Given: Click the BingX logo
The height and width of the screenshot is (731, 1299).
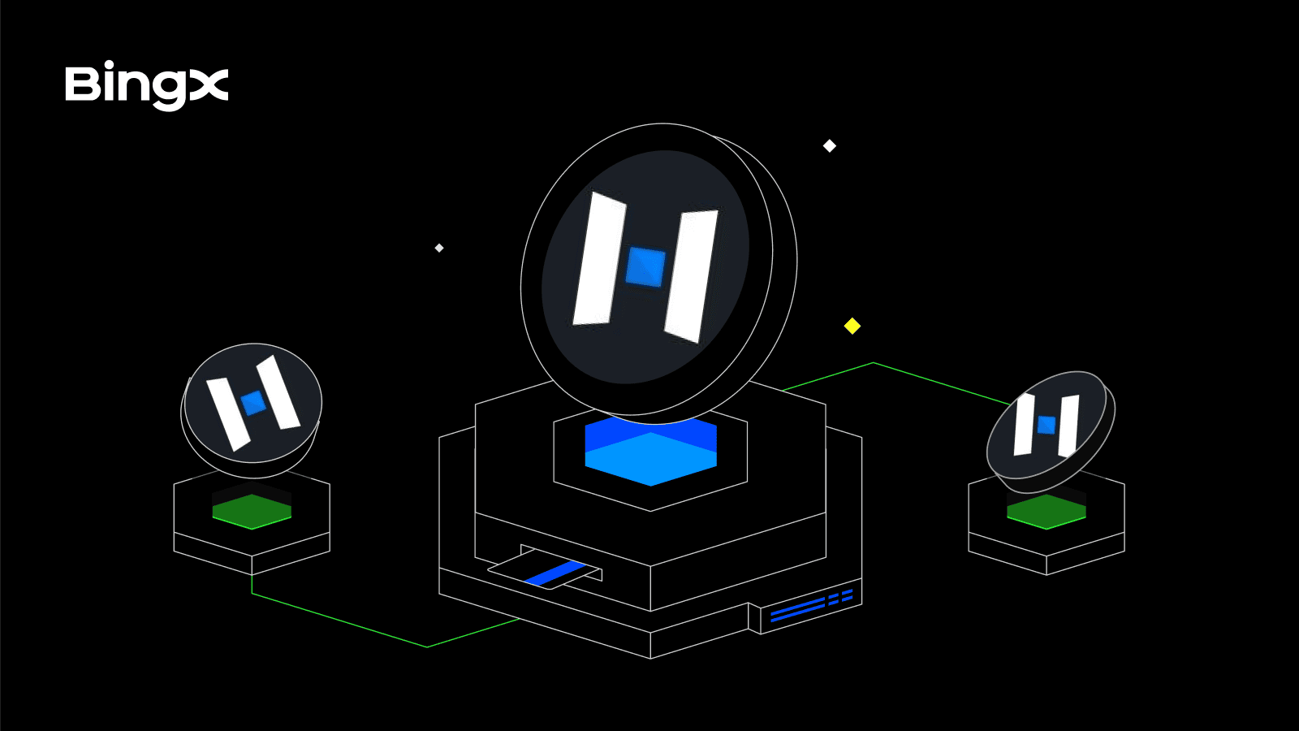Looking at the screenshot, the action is pyautogui.click(x=147, y=85).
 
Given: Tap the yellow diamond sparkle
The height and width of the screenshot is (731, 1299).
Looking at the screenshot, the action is pyautogui.click(x=852, y=326).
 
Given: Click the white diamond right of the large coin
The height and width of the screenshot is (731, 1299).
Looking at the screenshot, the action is pyautogui.click(x=829, y=145).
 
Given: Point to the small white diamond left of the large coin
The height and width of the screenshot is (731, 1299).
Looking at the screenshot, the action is pyautogui.click(x=439, y=249).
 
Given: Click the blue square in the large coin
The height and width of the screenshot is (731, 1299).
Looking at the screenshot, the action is pyautogui.click(x=645, y=267).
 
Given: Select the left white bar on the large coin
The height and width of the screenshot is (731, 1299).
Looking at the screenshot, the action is pyautogui.click(x=600, y=259).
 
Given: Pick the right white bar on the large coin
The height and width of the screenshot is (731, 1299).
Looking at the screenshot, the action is pyautogui.click(x=691, y=276).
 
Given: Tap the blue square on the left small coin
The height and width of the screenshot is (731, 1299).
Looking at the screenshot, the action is pyautogui.click(x=253, y=403).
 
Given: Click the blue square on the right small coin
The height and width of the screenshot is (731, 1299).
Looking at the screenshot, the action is pyautogui.click(x=1047, y=425).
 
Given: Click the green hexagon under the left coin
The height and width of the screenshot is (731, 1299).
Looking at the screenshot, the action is pyautogui.click(x=252, y=512).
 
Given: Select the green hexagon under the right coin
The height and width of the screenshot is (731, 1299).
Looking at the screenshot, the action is pyautogui.click(x=1047, y=512).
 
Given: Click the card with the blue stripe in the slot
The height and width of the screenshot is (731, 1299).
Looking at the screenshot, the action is pyautogui.click(x=545, y=569).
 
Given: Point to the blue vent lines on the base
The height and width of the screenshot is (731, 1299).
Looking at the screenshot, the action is pyautogui.click(x=811, y=605).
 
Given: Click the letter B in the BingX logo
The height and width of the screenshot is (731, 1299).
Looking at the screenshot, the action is pyautogui.click(x=84, y=84).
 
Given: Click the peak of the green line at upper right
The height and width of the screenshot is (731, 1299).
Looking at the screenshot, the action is pyautogui.click(x=874, y=363).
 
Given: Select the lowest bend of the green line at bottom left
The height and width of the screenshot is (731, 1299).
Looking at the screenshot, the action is pyautogui.click(x=427, y=647).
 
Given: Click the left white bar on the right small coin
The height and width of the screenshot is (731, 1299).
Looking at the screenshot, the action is pyautogui.click(x=1024, y=425).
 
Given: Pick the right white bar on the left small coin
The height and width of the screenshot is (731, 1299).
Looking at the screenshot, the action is pyautogui.click(x=278, y=392).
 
